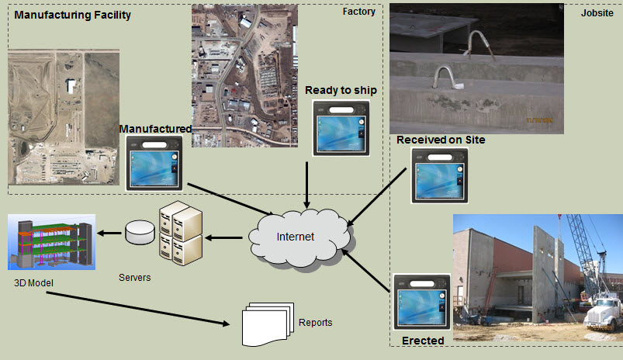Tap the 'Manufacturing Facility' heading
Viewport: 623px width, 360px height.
(x=73, y=15)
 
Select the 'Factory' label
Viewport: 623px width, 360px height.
(x=358, y=12)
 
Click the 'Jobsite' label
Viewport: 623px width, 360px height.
(x=598, y=12)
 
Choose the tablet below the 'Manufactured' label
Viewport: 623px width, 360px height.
(x=155, y=163)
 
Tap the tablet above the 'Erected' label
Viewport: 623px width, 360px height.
(x=421, y=304)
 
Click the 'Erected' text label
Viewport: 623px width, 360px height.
(x=423, y=341)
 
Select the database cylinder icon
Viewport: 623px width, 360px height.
(x=140, y=230)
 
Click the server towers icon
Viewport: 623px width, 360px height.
(x=181, y=230)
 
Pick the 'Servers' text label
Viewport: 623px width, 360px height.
(x=136, y=275)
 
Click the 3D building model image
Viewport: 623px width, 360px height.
(x=52, y=243)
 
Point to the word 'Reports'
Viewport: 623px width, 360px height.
(x=315, y=323)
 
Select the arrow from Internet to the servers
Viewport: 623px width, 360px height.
(x=227, y=238)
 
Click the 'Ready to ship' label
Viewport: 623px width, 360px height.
(x=341, y=90)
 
